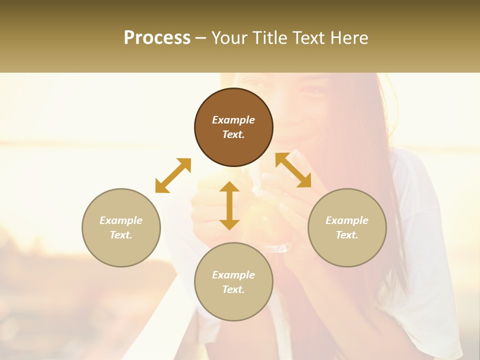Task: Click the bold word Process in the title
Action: pyautogui.click(x=157, y=38)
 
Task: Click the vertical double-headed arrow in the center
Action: pyautogui.click(x=229, y=205)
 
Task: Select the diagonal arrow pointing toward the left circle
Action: pyautogui.click(x=173, y=175)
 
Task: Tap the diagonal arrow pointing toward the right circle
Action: pyautogui.click(x=293, y=170)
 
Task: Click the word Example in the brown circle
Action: pyautogui.click(x=233, y=120)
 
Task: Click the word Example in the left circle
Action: pyautogui.click(x=121, y=220)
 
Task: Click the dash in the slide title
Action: pyautogui.click(x=200, y=38)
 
